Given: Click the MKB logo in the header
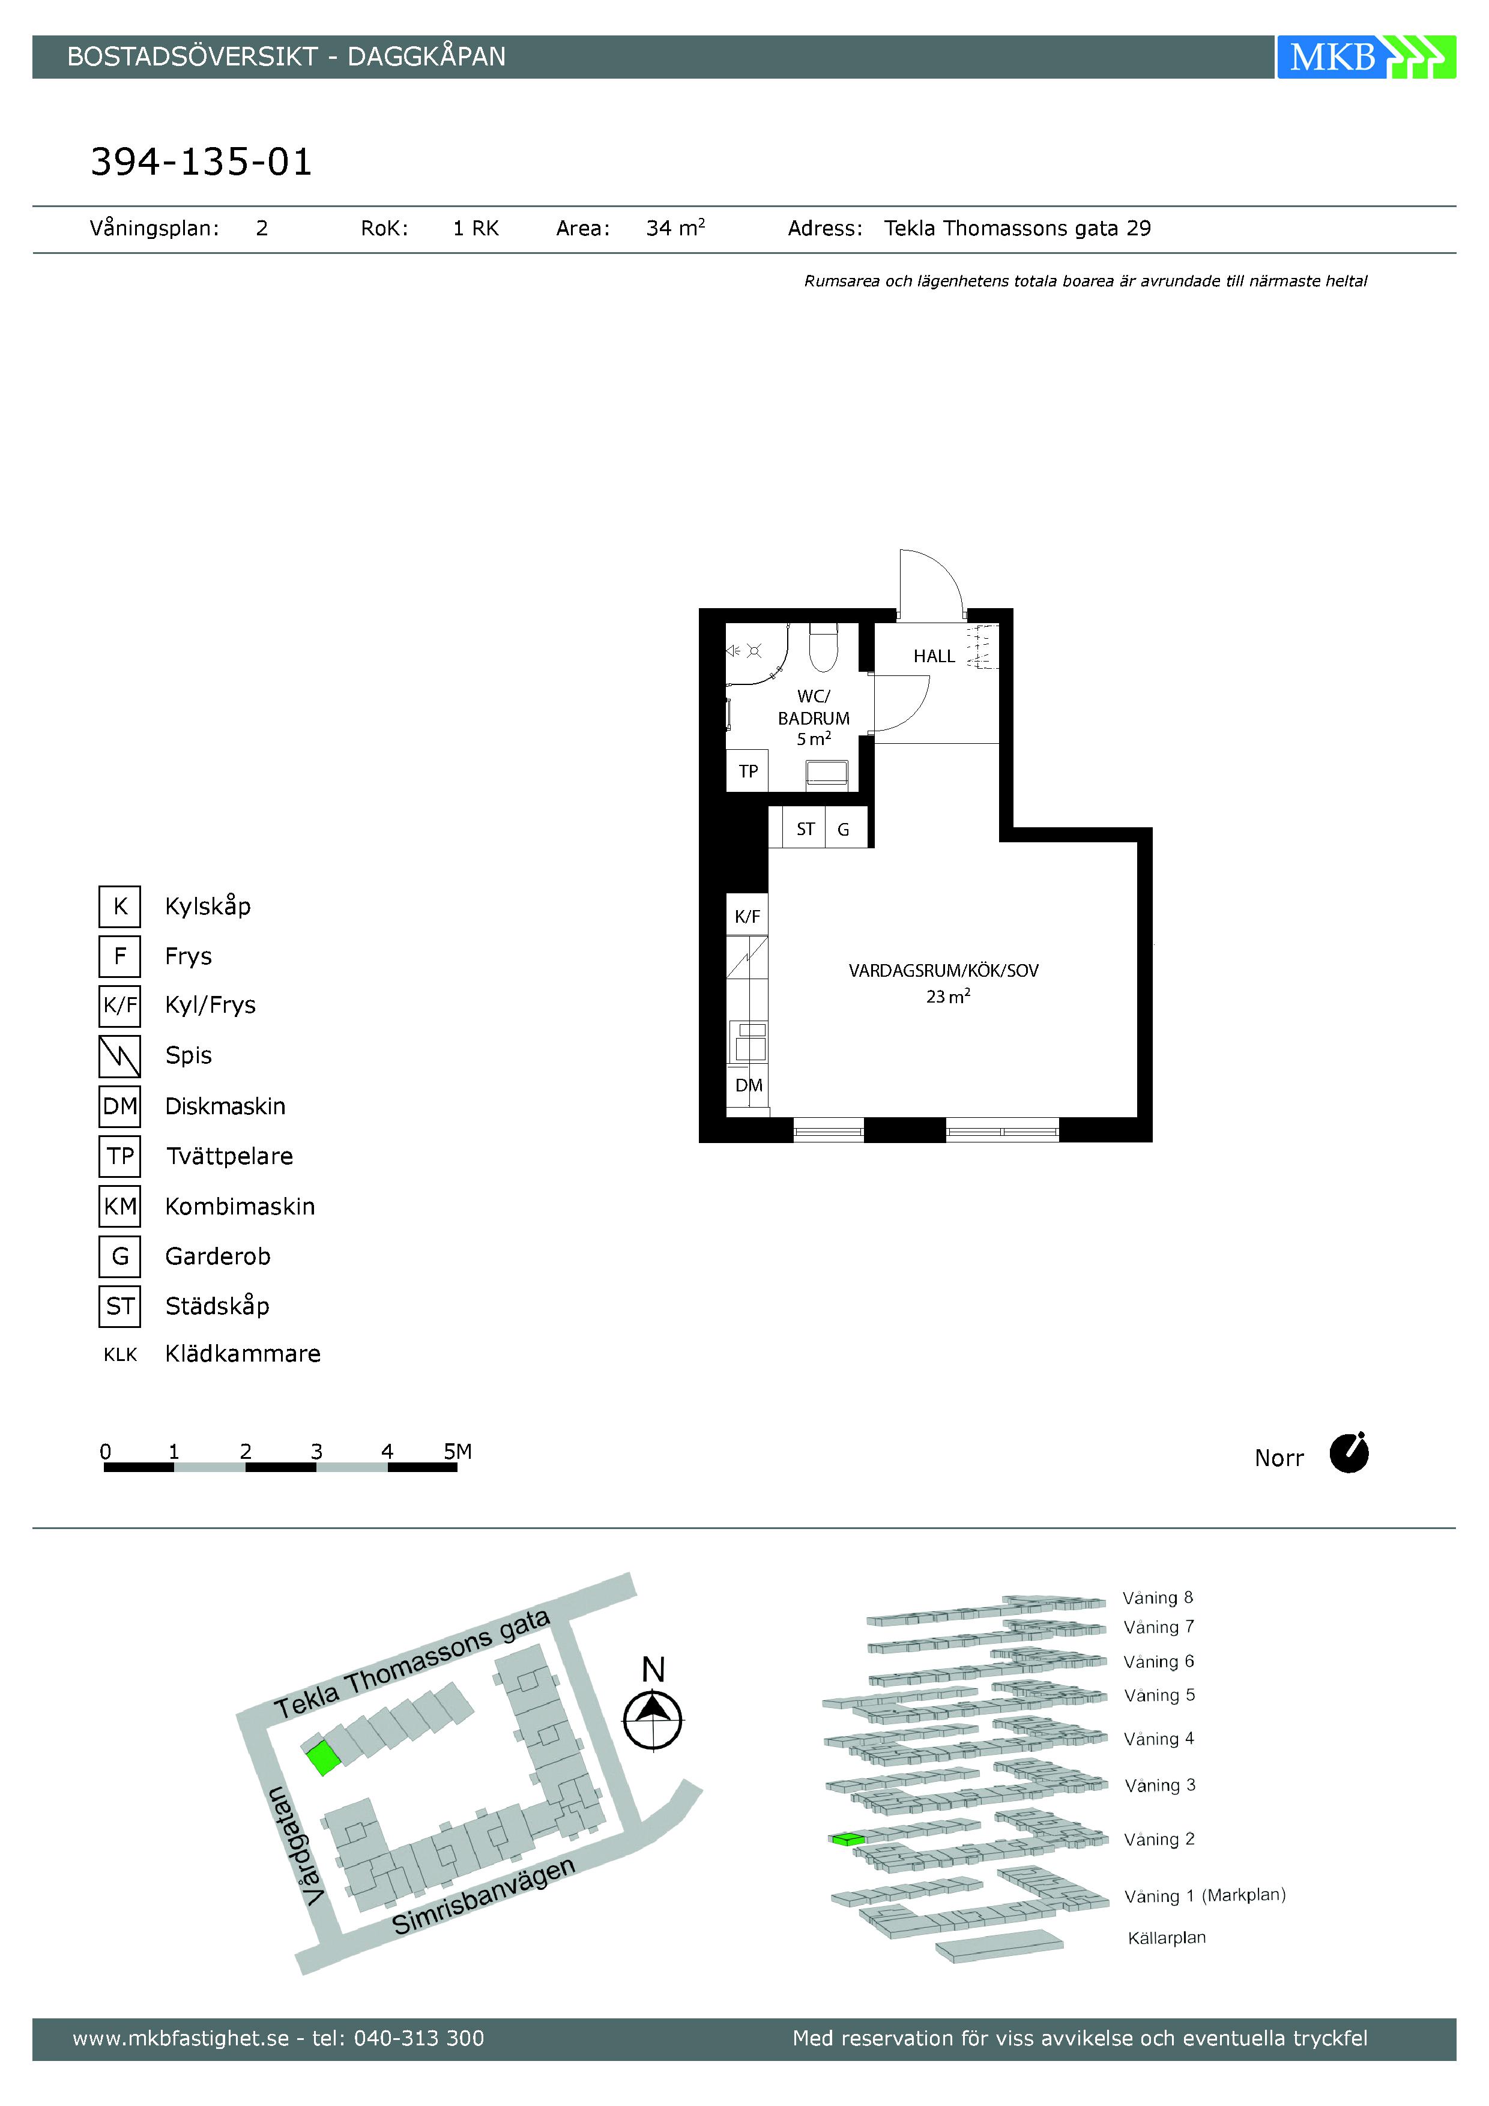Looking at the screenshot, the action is [x=1365, y=57].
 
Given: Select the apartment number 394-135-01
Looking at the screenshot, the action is [x=201, y=162].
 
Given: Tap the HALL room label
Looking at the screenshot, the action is [x=934, y=656].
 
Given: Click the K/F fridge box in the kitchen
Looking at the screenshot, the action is [x=747, y=916].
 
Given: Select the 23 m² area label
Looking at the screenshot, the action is [x=947, y=996].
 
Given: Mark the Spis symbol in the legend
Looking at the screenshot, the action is [x=119, y=1056].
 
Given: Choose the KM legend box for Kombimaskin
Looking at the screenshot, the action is [x=119, y=1206].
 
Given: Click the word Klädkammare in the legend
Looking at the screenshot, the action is [x=243, y=1354].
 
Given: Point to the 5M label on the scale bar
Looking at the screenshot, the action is [x=458, y=1451].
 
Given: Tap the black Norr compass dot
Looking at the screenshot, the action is [x=1349, y=1454].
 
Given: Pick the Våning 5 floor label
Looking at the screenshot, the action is [x=1159, y=1695].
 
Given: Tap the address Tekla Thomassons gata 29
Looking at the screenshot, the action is [x=1018, y=228].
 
